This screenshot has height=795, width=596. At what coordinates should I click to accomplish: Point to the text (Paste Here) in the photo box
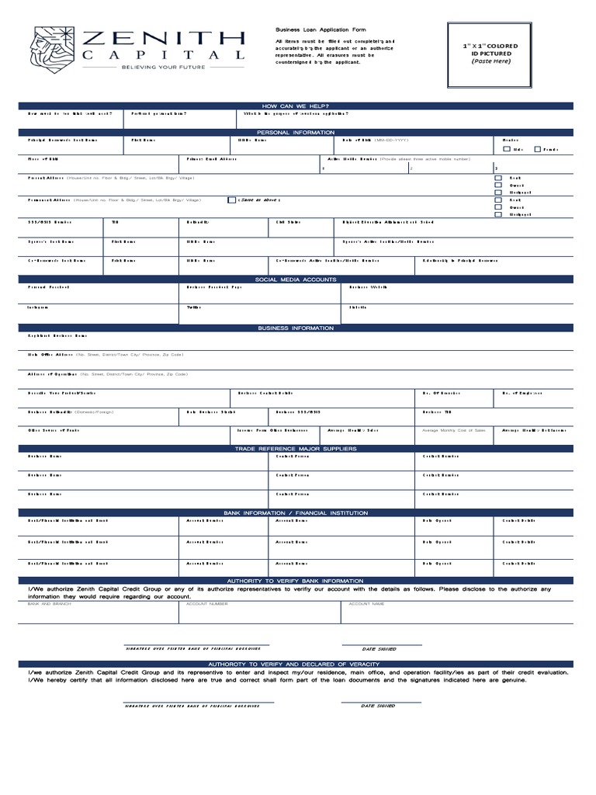click(x=491, y=61)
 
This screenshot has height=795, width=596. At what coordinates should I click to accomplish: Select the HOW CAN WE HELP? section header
click(x=296, y=106)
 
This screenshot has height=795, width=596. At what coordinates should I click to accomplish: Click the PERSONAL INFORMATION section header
click(x=296, y=133)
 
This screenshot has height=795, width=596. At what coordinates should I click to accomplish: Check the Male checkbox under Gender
click(x=507, y=148)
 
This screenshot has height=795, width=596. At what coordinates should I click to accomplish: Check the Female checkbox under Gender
click(x=537, y=148)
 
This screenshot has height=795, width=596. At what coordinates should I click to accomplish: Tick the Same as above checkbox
click(x=231, y=200)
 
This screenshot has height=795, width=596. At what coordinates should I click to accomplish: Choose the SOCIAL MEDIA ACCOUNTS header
click(x=296, y=279)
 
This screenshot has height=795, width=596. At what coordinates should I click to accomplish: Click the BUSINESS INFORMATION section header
click(x=296, y=328)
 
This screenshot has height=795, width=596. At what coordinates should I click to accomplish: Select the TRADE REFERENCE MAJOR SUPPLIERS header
click(x=296, y=449)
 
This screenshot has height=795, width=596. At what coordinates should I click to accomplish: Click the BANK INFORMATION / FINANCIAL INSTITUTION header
click(x=296, y=513)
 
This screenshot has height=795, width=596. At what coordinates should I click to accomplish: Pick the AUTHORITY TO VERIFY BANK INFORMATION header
click(x=296, y=581)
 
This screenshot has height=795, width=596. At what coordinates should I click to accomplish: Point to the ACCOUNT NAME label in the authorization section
click(x=366, y=602)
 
